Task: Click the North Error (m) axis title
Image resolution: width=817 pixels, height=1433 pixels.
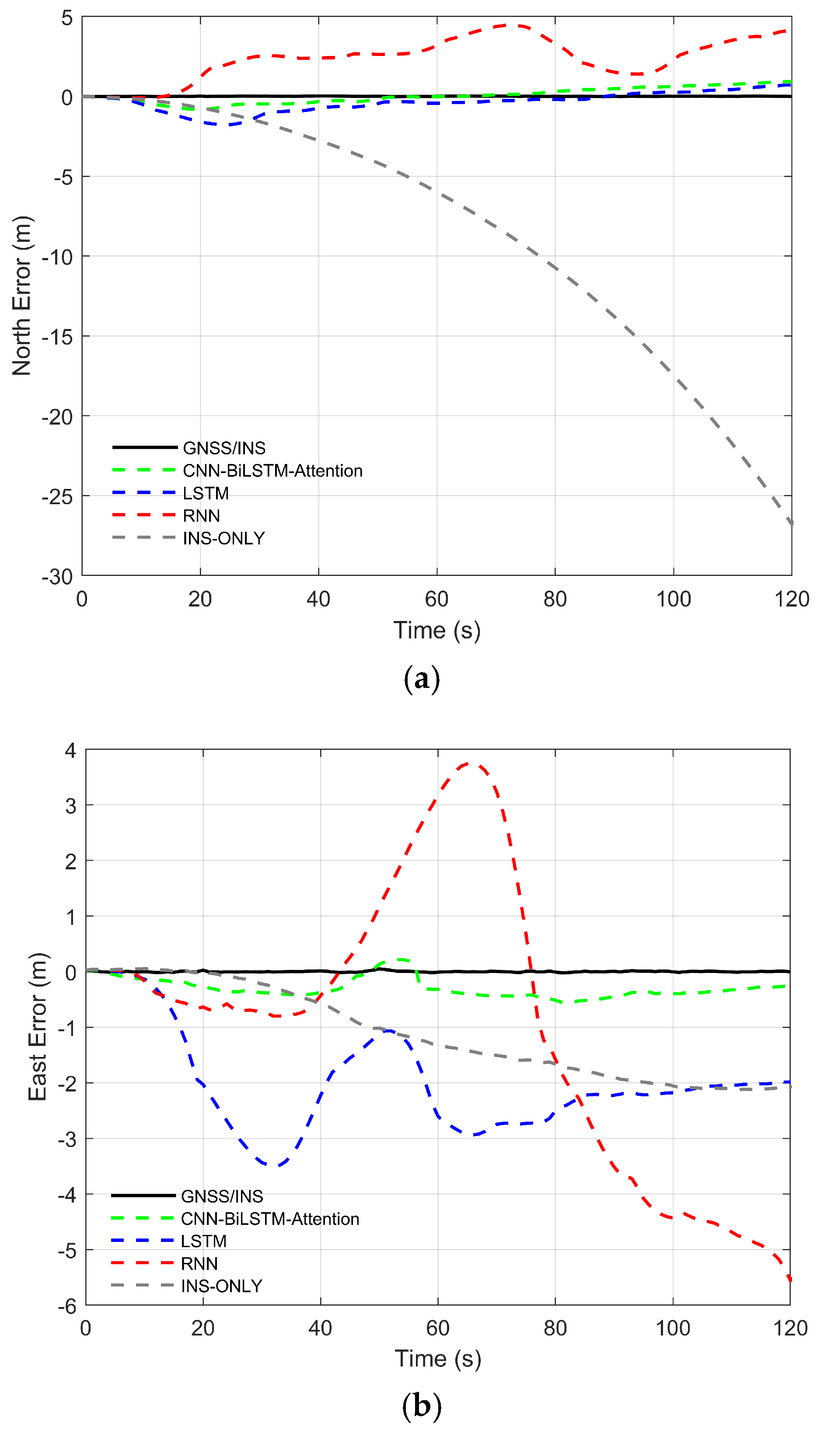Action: [x=22, y=296]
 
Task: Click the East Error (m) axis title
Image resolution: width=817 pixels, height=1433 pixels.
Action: [x=38, y=1026]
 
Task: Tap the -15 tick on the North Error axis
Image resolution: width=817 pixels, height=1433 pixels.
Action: [x=58, y=337]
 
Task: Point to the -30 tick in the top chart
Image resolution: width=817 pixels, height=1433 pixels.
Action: [x=58, y=576]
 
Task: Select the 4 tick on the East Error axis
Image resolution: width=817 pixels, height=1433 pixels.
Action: [x=70, y=750]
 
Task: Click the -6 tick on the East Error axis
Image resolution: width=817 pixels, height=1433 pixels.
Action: [x=67, y=1306]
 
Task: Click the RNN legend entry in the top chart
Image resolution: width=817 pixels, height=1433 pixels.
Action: [x=201, y=516]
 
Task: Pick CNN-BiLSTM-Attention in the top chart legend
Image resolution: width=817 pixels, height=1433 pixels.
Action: [x=272, y=471]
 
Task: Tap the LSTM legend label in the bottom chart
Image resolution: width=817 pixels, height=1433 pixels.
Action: [x=203, y=1241]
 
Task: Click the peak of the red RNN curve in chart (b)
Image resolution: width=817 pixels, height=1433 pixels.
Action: [x=468, y=764]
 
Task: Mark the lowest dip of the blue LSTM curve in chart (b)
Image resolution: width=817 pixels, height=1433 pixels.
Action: [x=272, y=1165]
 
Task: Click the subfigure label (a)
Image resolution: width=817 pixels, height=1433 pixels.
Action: [x=422, y=679]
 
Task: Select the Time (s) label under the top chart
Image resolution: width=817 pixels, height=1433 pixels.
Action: [x=436, y=631]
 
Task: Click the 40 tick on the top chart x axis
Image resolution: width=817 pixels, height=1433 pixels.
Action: [x=318, y=600]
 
